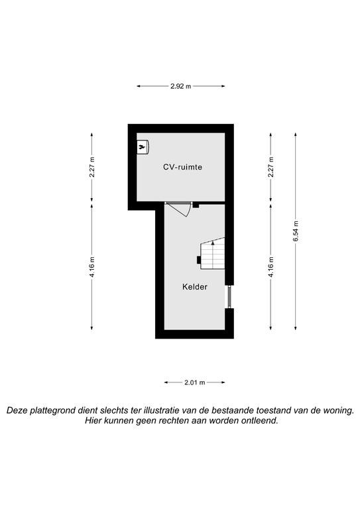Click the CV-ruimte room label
[x=182, y=167]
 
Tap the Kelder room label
[x=195, y=287]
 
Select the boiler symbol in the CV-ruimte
[x=143, y=146]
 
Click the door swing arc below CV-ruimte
[x=184, y=211]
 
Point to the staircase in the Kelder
[x=212, y=253]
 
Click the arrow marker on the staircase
[x=213, y=242]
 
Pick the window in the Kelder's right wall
[x=229, y=297]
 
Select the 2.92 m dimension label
[x=181, y=86]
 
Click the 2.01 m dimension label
[x=195, y=382]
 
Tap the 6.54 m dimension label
[x=296, y=231]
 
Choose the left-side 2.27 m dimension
[x=92, y=167]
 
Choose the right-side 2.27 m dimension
[x=271, y=167]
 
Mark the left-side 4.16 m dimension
[x=92, y=267]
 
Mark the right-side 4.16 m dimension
[x=271, y=267]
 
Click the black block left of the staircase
[x=198, y=260]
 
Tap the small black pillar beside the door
[x=196, y=205]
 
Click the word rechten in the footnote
[x=175, y=421]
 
